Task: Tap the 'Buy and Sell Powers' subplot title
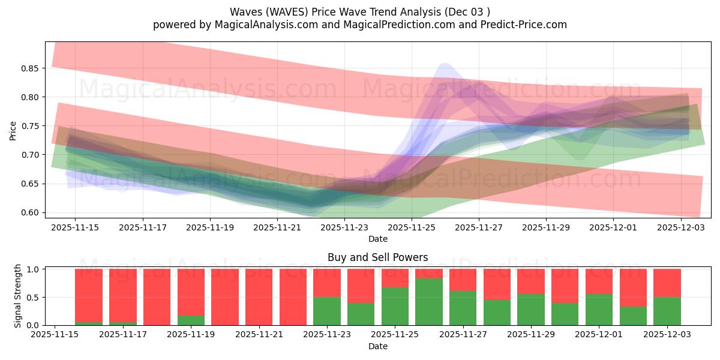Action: click(378, 257)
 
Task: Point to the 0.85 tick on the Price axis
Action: click(30, 68)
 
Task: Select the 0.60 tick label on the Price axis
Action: click(30, 212)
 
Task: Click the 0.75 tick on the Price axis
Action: click(30, 126)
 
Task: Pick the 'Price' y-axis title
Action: click(13, 131)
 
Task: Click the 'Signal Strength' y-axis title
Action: click(18, 296)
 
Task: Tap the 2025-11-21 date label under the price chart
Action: click(277, 227)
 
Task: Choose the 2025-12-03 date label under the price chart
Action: click(681, 227)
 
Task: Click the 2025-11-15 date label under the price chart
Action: click(75, 227)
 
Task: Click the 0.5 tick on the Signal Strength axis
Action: click(34, 297)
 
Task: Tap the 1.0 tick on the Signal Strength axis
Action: click(34, 269)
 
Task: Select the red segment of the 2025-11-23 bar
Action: click(327, 283)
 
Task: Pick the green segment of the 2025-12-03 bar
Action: click(667, 311)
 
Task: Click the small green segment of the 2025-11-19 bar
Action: click(191, 320)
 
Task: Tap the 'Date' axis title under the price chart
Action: click(378, 239)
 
